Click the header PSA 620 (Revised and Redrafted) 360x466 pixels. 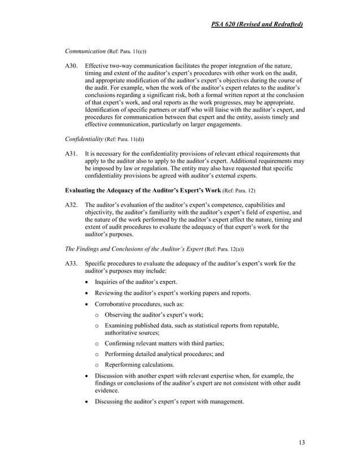pyautogui.click(x=256, y=24)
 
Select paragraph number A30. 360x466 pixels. pyautogui.click(x=72, y=66)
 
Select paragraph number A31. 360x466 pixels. pyautogui.click(x=72, y=153)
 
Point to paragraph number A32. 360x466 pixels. pyautogui.click(x=72, y=204)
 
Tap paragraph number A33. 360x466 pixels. pyautogui.click(x=72, y=263)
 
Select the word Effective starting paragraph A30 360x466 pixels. pyautogui.click(x=98, y=66)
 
